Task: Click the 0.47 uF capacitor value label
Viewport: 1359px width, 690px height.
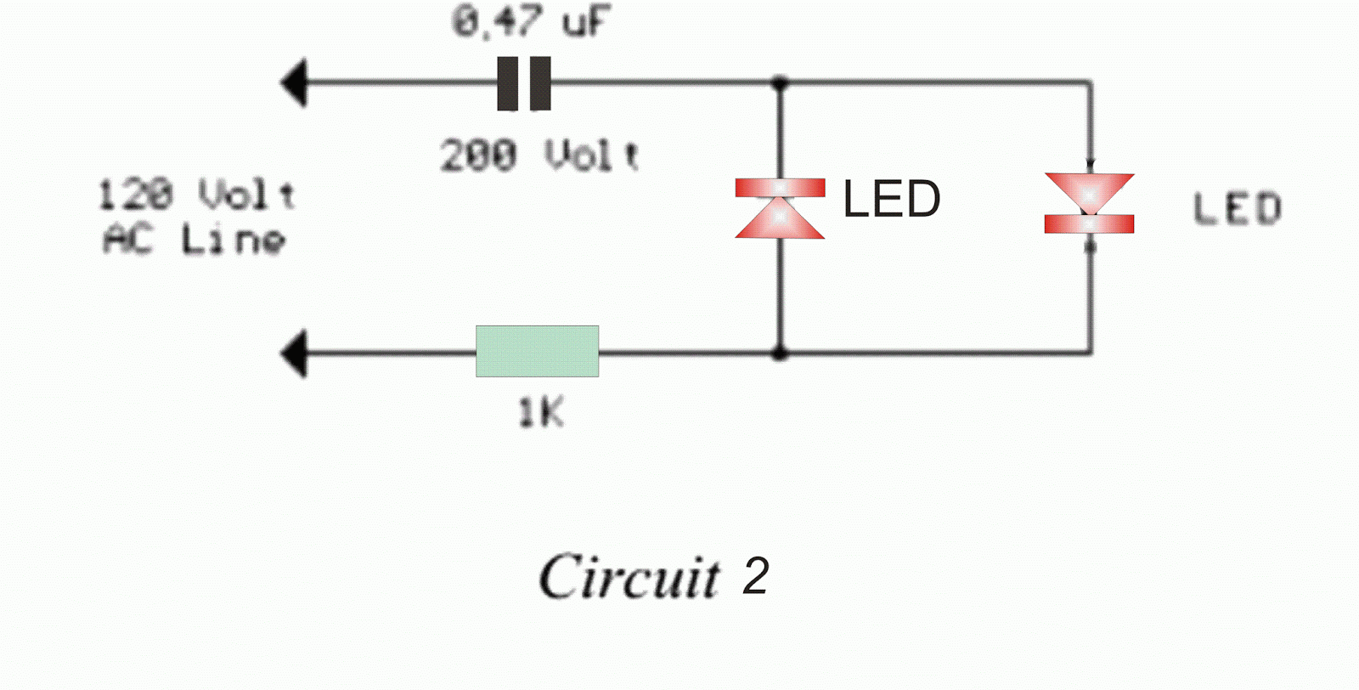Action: click(x=531, y=22)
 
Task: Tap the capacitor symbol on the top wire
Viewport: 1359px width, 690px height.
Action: click(x=524, y=83)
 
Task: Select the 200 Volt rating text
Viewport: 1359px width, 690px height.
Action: click(x=539, y=156)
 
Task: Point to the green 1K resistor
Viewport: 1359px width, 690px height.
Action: click(x=537, y=351)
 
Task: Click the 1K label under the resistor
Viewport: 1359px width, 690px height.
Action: click(x=540, y=414)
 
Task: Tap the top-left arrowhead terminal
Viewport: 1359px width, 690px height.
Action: click(x=294, y=83)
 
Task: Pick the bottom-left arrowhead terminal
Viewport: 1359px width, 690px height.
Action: click(x=294, y=353)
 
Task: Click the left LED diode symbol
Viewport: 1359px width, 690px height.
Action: click(x=780, y=208)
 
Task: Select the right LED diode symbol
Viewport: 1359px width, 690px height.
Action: click(x=1089, y=204)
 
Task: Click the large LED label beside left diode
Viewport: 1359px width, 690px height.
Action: click(x=891, y=199)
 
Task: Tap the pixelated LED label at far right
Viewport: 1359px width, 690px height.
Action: click(x=1237, y=209)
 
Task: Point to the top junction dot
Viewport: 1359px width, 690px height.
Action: click(x=780, y=83)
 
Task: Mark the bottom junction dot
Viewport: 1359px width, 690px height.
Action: click(x=780, y=353)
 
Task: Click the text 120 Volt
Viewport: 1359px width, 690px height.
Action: click(x=196, y=195)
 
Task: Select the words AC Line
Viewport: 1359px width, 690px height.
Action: click(x=194, y=240)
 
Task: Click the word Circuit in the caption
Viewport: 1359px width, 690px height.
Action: click(x=629, y=577)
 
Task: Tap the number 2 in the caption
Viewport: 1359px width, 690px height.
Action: click(x=755, y=577)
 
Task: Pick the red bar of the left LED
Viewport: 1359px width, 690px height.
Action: click(x=780, y=188)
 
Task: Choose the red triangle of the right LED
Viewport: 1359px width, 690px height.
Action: click(x=1089, y=191)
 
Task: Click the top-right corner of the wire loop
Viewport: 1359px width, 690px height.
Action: click(x=1091, y=83)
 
